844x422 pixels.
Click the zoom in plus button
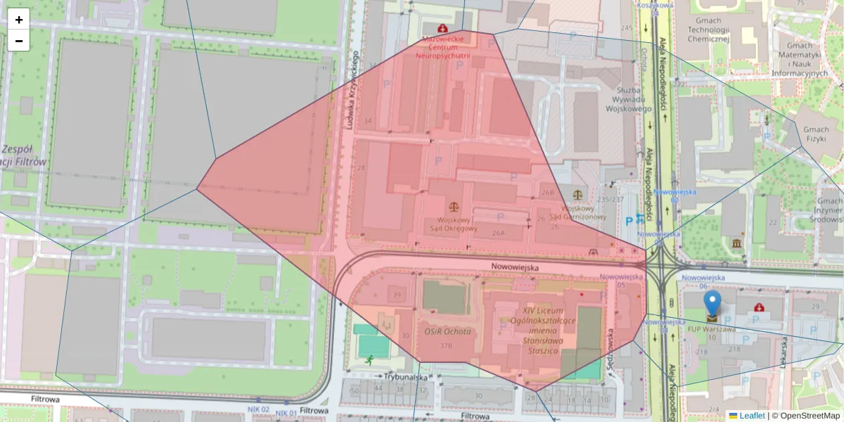click(x=19, y=20)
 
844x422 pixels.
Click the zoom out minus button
click(x=19, y=41)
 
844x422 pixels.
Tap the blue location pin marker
click(x=712, y=304)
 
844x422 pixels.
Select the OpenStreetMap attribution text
click(x=806, y=416)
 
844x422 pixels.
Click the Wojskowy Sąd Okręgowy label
click(x=453, y=224)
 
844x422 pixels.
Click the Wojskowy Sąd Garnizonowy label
click(x=577, y=212)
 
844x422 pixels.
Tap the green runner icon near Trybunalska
click(x=370, y=360)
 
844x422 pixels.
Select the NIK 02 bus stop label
click(x=258, y=409)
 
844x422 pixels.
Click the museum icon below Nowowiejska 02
click(x=736, y=243)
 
